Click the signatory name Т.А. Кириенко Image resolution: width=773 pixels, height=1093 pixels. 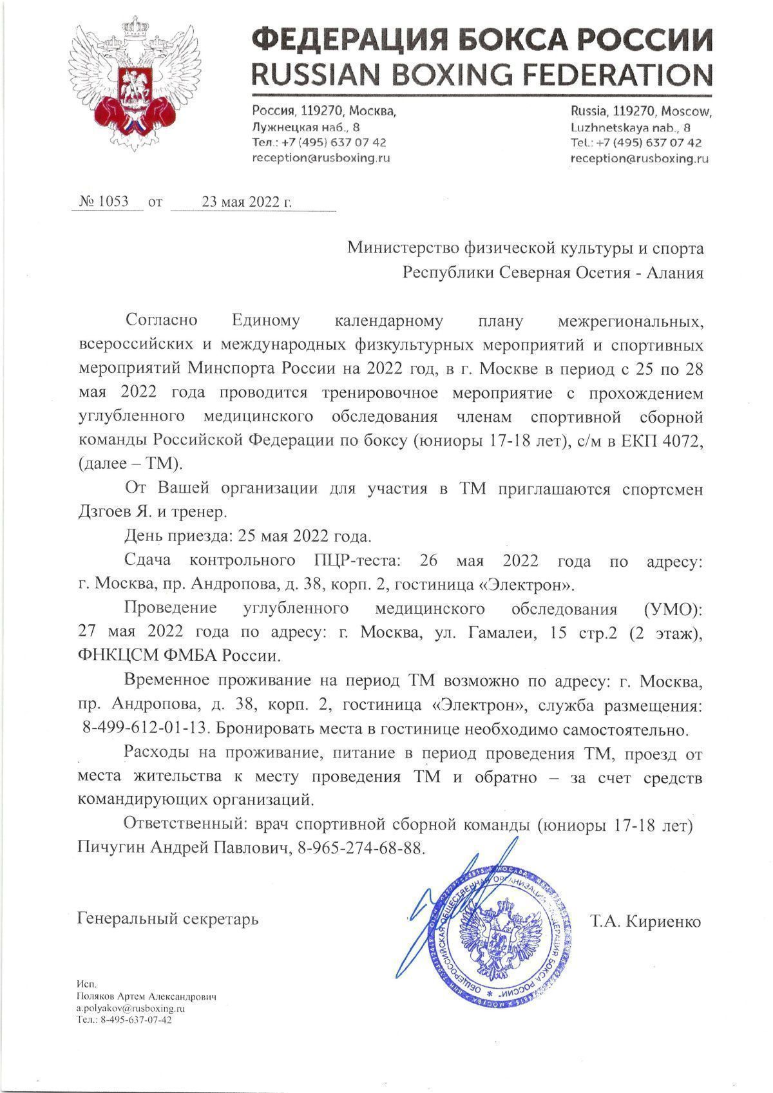point(645,921)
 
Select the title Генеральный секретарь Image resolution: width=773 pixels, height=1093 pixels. point(167,918)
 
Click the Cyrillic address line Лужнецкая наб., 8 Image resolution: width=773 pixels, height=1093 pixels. point(306,127)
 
